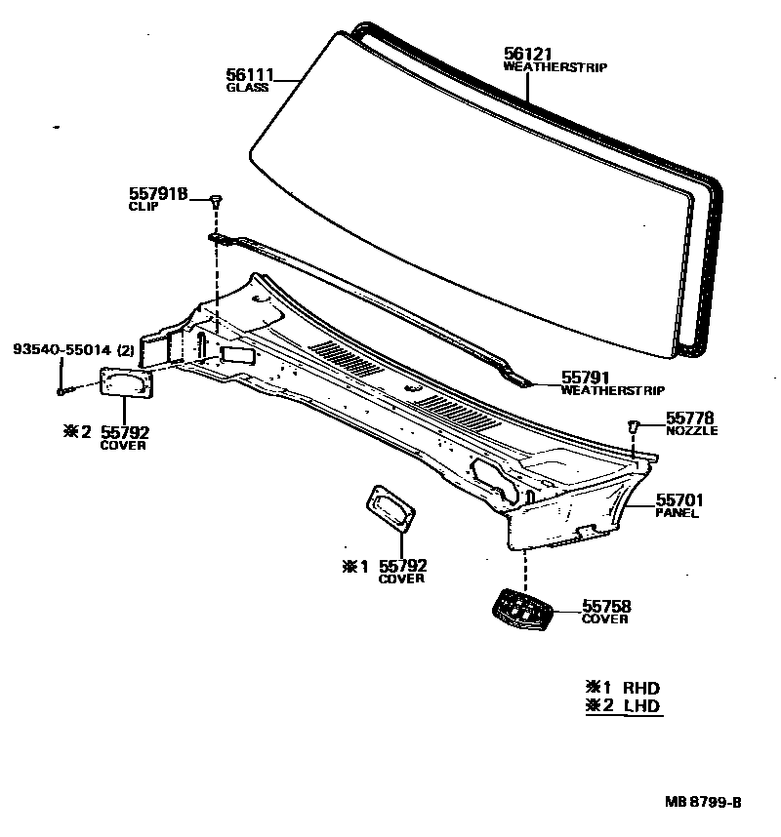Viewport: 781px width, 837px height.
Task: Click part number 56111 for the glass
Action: [250, 74]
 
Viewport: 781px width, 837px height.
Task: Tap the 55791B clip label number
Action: [157, 194]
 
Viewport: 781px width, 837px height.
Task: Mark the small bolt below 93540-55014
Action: [62, 391]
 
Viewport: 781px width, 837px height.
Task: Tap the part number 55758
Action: [606, 606]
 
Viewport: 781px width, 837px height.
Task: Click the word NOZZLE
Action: [691, 430]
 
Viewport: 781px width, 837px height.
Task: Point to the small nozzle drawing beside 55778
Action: [633, 425]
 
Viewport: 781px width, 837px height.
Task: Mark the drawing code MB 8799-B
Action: [703, 802]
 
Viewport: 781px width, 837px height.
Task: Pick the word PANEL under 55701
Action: [678, 513]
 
